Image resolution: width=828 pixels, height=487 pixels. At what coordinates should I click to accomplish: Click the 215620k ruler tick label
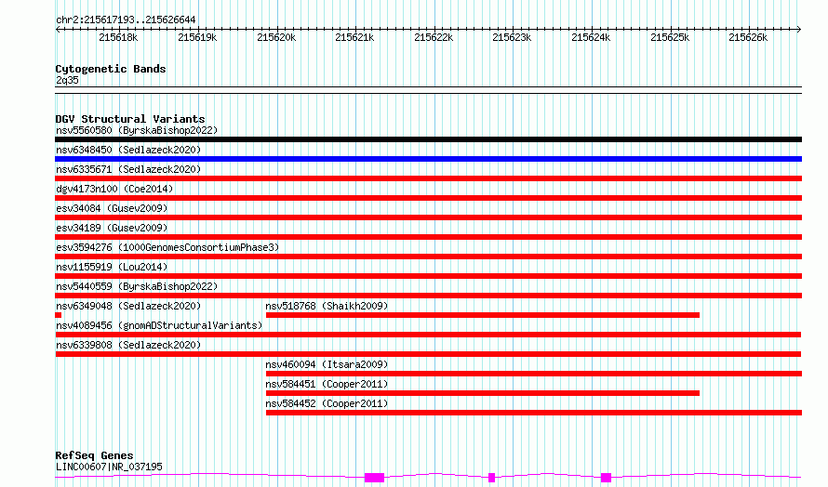(276, 37)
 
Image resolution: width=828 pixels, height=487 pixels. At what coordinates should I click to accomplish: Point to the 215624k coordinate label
(591, 37)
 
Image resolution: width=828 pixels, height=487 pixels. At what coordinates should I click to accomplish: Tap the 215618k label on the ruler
(118, 37)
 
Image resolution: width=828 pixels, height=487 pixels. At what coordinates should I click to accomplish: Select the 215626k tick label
(748, 37)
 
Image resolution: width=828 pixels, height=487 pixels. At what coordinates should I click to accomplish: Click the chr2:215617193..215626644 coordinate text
(126, 20)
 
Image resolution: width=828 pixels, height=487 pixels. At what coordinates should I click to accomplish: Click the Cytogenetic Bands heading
(111, 69)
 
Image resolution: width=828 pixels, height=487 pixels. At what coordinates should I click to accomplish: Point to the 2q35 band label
(67, 80)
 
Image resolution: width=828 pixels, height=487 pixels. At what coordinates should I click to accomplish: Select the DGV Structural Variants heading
(130, 119)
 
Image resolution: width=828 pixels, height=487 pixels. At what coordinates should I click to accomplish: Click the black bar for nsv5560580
(428, 139)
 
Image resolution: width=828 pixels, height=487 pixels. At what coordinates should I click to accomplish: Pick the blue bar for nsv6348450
(428, 159)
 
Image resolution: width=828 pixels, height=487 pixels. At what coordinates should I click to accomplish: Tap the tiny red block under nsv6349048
(58, 315)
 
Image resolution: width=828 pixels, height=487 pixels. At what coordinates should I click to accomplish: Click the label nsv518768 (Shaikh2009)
(327, 306)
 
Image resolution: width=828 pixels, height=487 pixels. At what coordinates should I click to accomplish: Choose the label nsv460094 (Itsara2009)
(327, 364)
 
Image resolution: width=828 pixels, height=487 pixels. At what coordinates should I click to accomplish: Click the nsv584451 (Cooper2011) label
(327, 384)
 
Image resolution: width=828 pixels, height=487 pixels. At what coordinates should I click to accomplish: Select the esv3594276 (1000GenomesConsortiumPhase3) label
(167, 247)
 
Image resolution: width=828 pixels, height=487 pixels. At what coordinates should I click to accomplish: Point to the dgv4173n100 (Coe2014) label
(114, 189)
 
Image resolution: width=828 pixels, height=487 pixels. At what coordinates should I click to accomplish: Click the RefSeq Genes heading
(94, 455)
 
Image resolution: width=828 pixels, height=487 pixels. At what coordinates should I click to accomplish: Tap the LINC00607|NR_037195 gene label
(109, 467)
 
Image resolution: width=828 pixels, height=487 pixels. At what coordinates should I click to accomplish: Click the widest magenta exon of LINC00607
(374, 478)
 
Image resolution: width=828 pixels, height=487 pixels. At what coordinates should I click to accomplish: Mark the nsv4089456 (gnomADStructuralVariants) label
(159, 325)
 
